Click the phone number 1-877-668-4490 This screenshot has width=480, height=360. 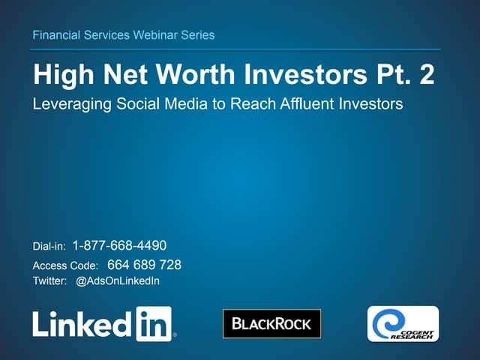click(x=119, y=246)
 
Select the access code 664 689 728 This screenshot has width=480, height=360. click(x=144, y=265)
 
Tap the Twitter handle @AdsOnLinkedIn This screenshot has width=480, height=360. click(x=118, y=281)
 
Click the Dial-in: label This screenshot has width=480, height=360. click(x=49, y=247)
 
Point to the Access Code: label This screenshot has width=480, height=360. click(x=65, y=265)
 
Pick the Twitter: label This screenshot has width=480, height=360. click(x=50, y=281)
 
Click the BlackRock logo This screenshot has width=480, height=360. click(x=271, y=324)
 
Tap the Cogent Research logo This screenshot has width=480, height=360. click(x=403, y=324)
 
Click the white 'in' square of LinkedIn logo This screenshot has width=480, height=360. click(x=154, y=324)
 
